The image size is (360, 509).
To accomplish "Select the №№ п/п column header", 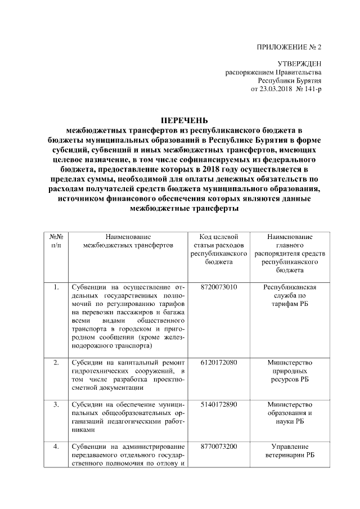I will click(56, 241).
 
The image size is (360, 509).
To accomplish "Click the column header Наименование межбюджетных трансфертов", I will click(128, 241).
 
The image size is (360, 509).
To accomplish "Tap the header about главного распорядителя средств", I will click(290, 249).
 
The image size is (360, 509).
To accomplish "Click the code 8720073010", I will click(219, 287).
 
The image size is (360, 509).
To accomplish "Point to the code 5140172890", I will click(219, 404).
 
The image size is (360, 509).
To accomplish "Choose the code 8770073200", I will click(219, 447).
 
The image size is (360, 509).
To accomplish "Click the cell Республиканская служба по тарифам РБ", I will click(290, 296).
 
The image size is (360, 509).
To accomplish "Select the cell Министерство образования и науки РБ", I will click(290, 413).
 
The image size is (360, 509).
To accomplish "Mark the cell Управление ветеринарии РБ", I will click(290, 451).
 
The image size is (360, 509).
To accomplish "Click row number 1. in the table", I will click(56, 287).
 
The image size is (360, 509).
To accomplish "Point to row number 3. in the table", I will click(56, 404).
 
